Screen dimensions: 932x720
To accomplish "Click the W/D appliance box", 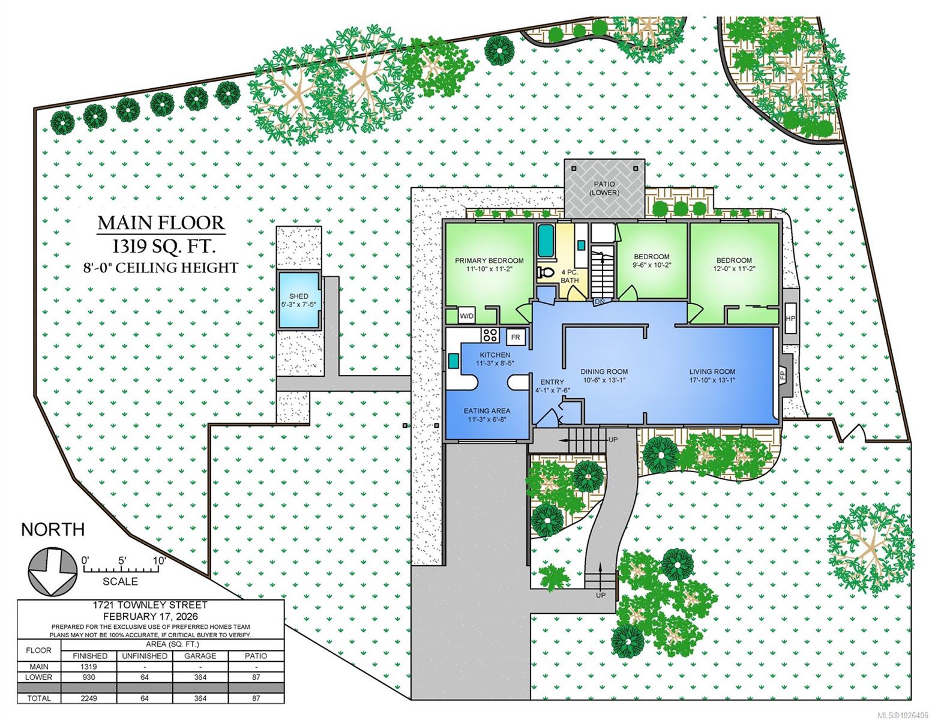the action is coord(467,316).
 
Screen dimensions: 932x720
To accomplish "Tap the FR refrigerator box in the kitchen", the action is coord(515,337).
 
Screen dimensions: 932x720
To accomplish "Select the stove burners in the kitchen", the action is coord(490,334).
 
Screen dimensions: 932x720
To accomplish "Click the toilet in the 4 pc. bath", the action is coord(545,272).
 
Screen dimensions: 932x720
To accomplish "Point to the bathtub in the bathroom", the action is coord(546,241).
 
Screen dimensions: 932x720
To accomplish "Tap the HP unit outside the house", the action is coord(790,319).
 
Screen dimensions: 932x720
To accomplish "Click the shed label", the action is coord(298,296).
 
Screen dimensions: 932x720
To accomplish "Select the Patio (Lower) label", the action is coord(604,188).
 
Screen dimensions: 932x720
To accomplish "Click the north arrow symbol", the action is coord(53,572).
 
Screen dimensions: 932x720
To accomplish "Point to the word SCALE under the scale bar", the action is coord(120,581).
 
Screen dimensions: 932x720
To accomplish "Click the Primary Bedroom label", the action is coord(489,260).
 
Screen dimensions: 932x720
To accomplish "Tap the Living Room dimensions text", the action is coord(712,380).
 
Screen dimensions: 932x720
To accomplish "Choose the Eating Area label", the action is coord(487,410).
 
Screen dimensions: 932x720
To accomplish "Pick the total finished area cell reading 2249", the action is coord(89,698).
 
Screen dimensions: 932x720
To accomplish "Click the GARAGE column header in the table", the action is coord(200,656).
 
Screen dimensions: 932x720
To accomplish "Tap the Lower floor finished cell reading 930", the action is coord(89,677).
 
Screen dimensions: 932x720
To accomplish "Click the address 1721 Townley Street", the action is coord(150,605).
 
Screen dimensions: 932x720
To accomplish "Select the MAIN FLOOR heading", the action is coord(161,223).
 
